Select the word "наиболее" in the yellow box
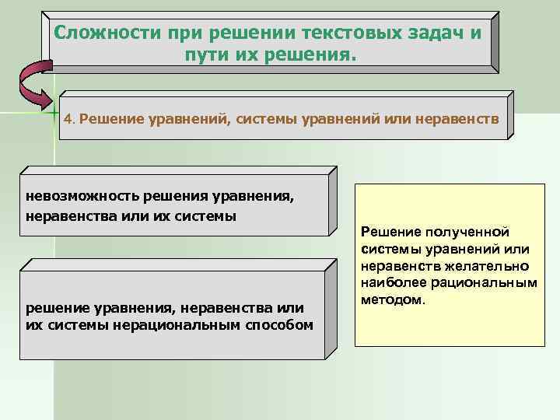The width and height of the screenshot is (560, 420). click(x=391, y=282)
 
